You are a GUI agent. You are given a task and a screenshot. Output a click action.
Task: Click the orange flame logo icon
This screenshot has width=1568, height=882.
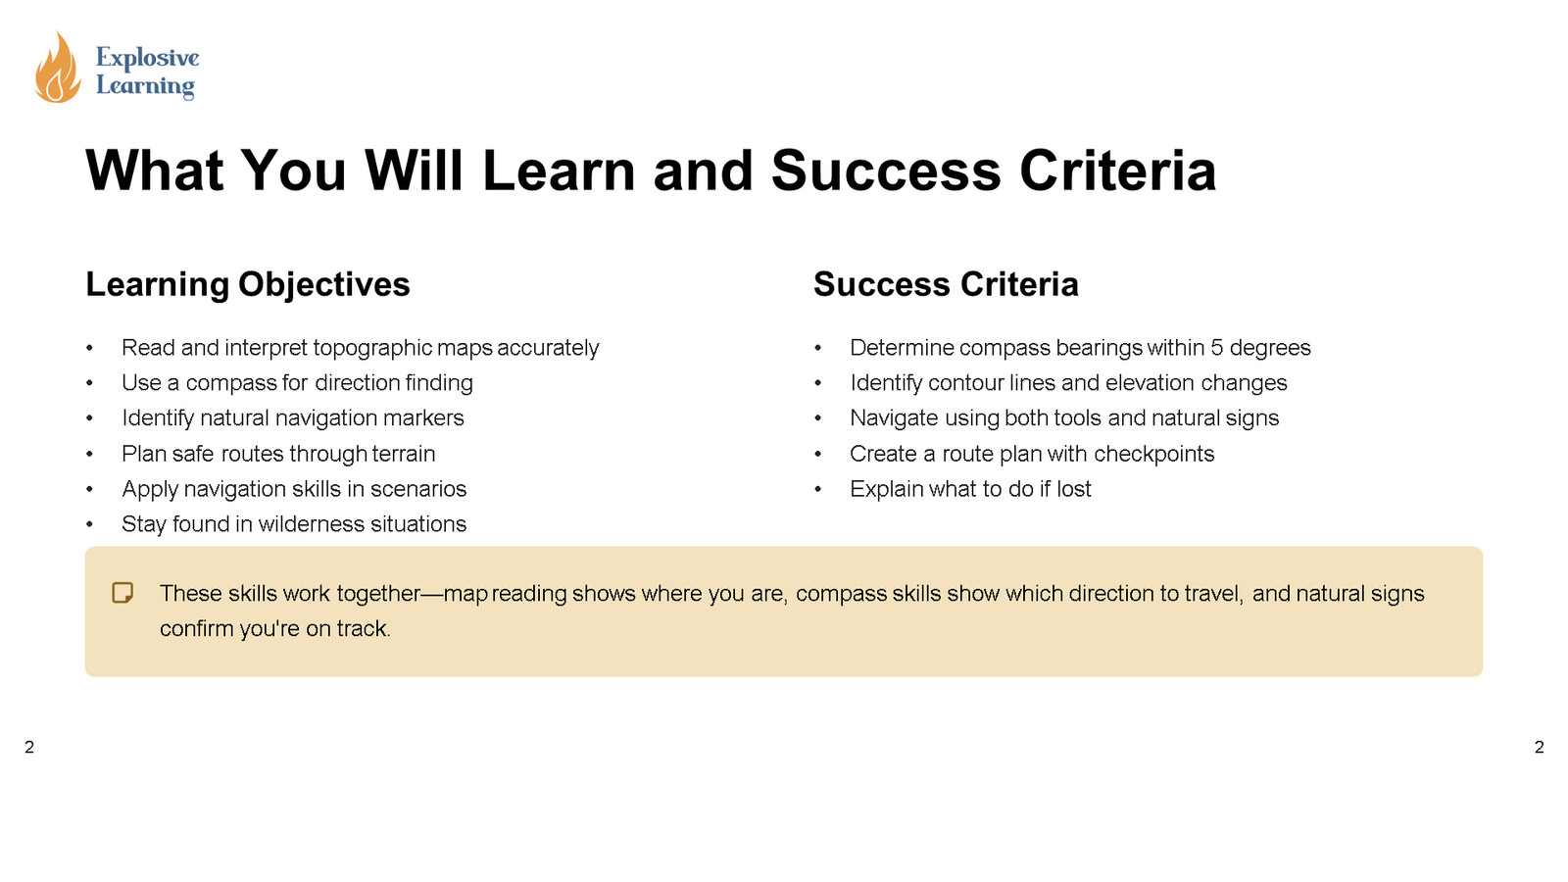pyautogui.click(x=57, y=69)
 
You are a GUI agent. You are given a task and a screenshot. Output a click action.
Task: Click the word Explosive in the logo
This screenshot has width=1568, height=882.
pyautogui.click(x=147, y=58)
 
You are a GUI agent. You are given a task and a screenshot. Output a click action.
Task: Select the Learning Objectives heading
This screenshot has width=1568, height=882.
pyautogui.click(x=248, y=284)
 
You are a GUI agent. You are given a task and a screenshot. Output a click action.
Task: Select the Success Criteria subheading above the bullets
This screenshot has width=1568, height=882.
pyautogui.click(x=946, y=284)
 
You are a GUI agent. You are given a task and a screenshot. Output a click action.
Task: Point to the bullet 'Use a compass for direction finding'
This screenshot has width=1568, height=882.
pyautogui.click(x=297, y=383)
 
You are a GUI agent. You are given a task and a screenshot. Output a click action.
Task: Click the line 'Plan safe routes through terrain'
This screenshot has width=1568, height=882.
pyautogui.click(x=278, y=454)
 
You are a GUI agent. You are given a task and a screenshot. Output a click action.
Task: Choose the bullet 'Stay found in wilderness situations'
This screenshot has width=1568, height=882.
pyautogui.click(x=294, y=524)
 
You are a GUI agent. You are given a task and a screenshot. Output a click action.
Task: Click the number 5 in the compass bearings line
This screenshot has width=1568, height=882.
pyautogui.click(x=1216, y=348)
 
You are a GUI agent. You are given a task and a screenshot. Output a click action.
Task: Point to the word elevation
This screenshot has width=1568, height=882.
pyautogui.click(x=1150, y=383)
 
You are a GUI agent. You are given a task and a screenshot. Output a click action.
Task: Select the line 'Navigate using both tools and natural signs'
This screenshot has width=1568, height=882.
pyautogui.click(x=1064, y=418)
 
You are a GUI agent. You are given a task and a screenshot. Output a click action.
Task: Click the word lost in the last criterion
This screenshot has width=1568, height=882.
pyautogui.click(x=1073, y=489)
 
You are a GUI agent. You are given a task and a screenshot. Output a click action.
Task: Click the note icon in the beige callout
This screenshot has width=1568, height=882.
pyautogui.click(x=122, y=593)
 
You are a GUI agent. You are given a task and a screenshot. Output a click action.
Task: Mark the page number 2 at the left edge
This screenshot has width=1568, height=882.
pyautogui.click(x=29, y=748)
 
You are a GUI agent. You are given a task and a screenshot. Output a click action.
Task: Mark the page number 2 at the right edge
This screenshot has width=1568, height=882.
pyautogui.click(x=1539, y=748)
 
